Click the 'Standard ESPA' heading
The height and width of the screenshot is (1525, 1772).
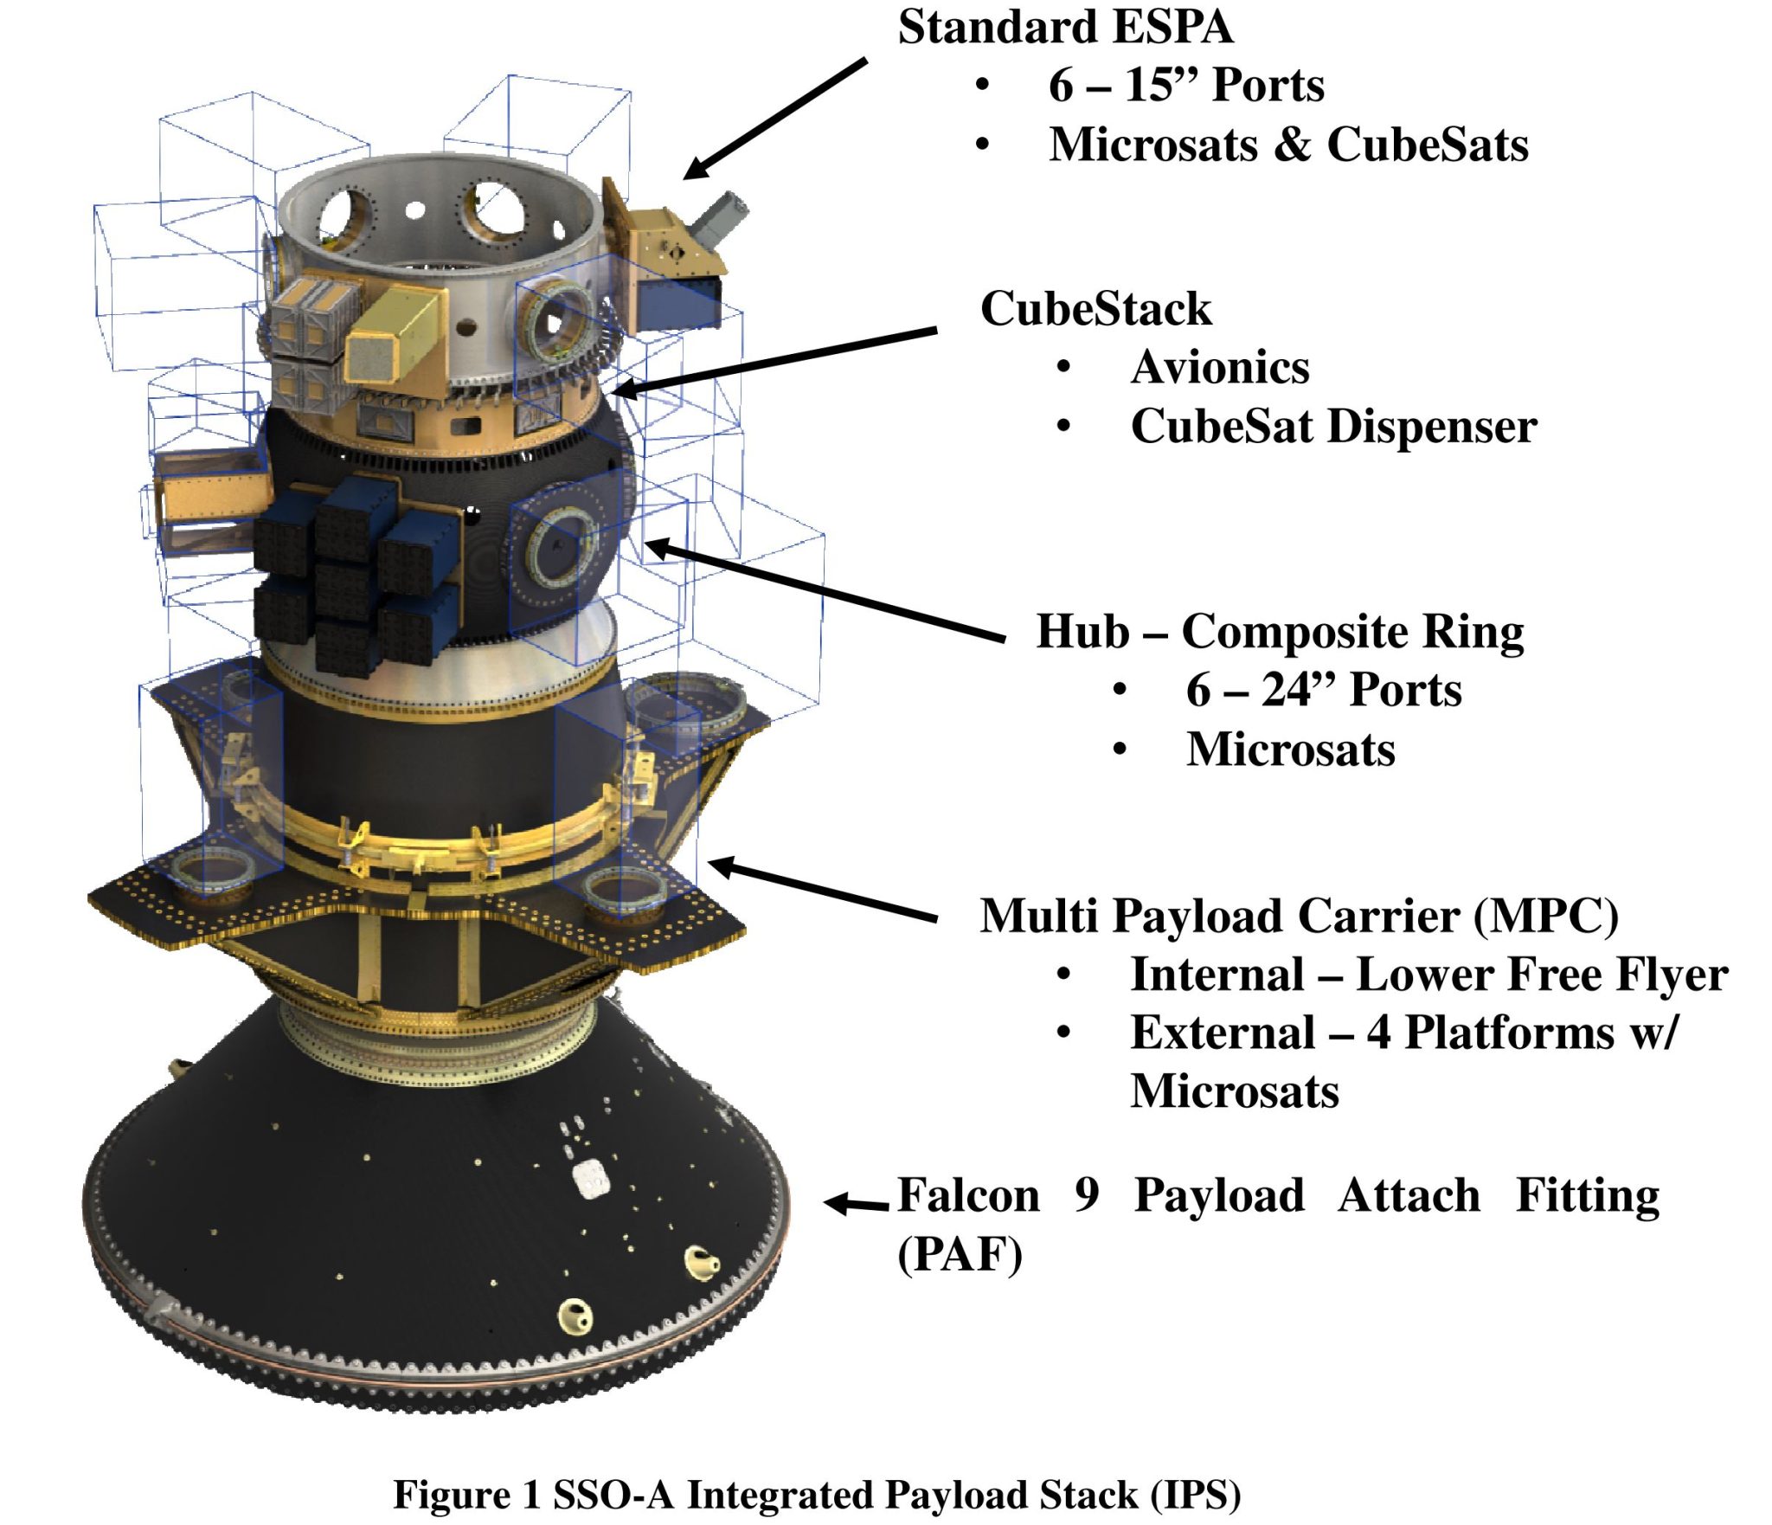tap(1064, 28)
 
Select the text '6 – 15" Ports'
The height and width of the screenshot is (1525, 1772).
tap(1185, 86)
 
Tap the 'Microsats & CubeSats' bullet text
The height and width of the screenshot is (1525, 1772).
tap(1288, 145)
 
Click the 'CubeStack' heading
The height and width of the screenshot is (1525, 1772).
tap(1095, 309)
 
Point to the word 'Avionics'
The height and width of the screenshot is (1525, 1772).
tap(1220, 368)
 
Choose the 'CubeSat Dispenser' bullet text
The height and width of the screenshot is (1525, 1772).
tap(1333, 427)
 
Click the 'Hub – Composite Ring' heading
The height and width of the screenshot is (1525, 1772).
tap(1280, 631)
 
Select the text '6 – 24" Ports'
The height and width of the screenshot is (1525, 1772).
tap(1323, 690)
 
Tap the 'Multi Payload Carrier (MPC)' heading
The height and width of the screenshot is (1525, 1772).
tap(1299, 916)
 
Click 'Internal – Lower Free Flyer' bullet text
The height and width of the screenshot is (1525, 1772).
tap(1429, 975)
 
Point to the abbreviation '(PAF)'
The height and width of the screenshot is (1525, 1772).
tap(960, 1254)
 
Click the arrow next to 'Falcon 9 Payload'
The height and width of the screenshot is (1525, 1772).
tap(855, 1203)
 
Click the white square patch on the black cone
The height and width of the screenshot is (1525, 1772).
tap(592, 1179)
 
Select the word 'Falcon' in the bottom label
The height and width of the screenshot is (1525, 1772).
tap(967, 1196)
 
